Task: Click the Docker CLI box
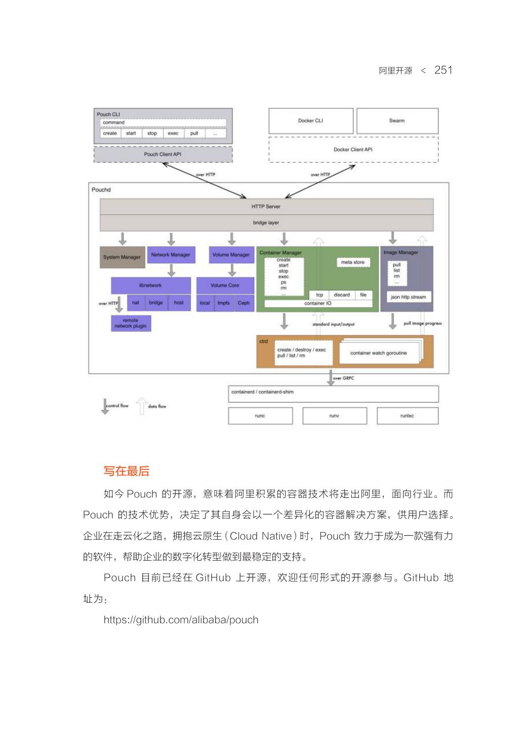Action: click(x=310, y=121)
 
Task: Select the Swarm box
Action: click(x=397, y=121)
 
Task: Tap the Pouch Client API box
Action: click(x=163, y=154)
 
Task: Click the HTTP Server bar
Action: click(x=266, y=206)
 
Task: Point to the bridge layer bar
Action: click(x=266, y=223)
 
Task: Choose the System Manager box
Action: click(x=122, y=257)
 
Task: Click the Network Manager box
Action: click(x=171, y=254)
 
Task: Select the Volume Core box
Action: click(x=225, y=285)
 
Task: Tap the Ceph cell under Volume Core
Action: click(x=244, y=303)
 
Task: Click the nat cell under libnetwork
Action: click(x=136, y=303)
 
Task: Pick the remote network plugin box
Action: click(x=131, y=323)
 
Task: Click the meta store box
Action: click(x=353, y=262)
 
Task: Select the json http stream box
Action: click(x=408, y=297)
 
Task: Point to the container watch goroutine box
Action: click(x=378, y=353)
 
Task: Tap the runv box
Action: click(x=334, y=416)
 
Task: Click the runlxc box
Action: click(x=407, y=416)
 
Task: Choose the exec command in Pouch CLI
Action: click(x=173, y=133)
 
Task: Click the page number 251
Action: click(x=443, y=70)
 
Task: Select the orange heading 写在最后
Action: click(x=127, y=471)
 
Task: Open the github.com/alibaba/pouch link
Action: click(x=181, y=619)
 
